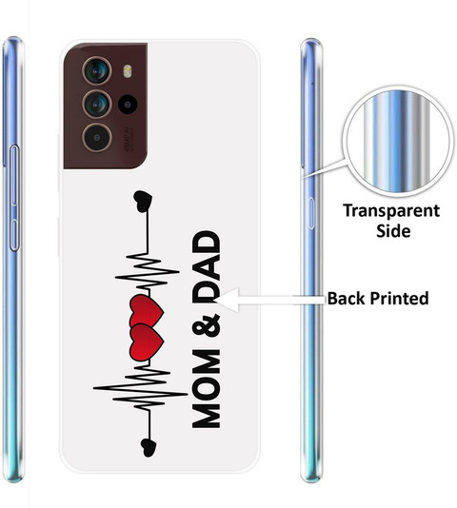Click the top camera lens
[x=97, y=71]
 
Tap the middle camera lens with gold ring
[x=97, y=105]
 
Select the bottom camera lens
[x=97, y=137]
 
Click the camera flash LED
[x=128, y=71]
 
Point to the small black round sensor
[x=128, y=105]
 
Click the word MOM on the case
[x=207, y=389]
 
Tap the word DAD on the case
[x=207, y=267]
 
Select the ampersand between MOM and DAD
[x=207, y=326]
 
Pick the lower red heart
[x=146, y=342]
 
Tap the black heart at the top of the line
[x=143, y=201]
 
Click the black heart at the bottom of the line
[x=149, y=448]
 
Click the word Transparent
[x=391, y=211]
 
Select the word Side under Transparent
[x=393, y=231]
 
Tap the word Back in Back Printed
[x=346, y=298]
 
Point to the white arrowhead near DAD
[x=227, y=300]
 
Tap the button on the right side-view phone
[x=310, y=213]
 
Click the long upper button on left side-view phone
[x=14, y=176]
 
